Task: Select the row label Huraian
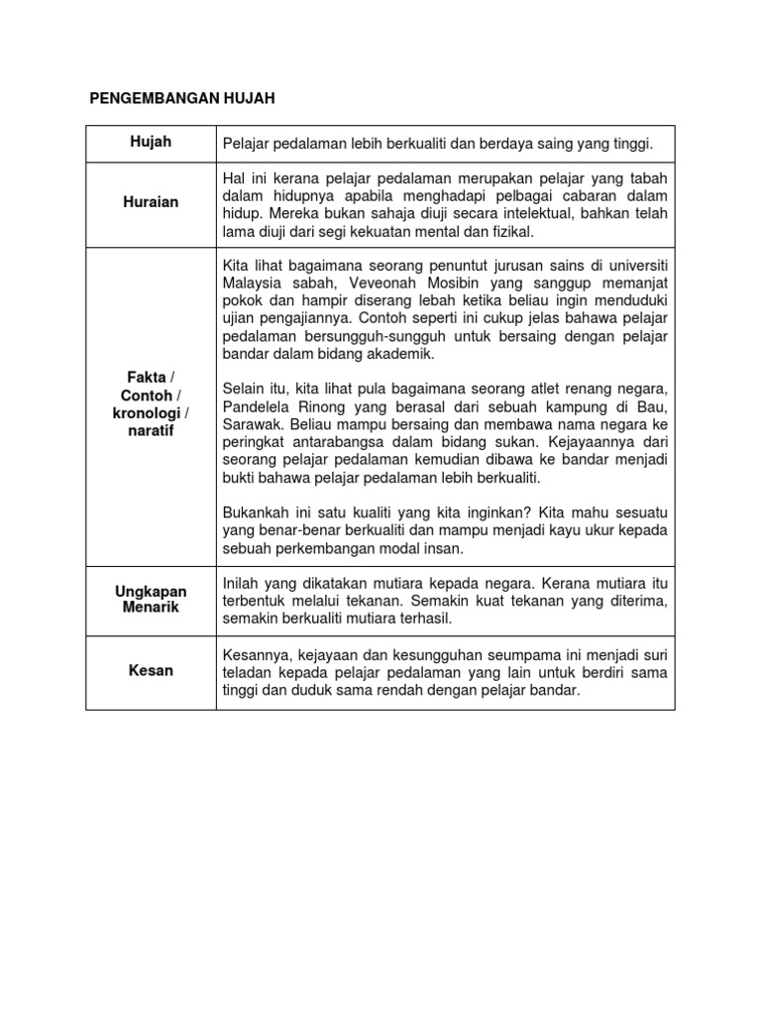(x=152, y=202)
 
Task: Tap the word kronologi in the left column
(x=148, y=413)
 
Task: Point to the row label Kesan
(x=152, y=671)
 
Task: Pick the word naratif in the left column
(x=152, y=431)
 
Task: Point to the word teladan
(x=249, y=673)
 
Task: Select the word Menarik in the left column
(x=152, y=607)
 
